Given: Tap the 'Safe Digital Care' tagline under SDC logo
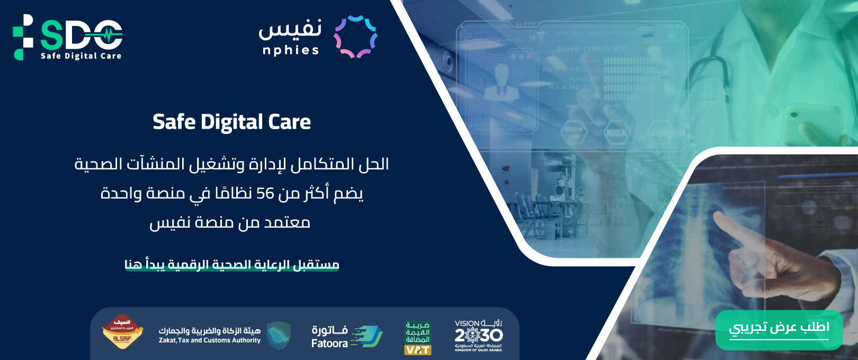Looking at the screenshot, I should [81, 56].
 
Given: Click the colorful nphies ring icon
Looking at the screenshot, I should [355, 37].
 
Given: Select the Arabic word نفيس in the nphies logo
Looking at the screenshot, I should [290, 29].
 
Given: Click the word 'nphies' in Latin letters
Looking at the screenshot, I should [291, 50].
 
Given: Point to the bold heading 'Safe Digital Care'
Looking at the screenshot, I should [231, 122].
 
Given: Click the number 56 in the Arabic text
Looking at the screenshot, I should [265, 194].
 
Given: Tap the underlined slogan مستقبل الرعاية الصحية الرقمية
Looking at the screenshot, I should [231, 264].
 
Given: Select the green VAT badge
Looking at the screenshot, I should [418, 338].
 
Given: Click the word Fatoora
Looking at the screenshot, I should [329, 344].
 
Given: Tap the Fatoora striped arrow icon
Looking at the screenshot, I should [367, 337].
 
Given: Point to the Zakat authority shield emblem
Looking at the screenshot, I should [279, 336].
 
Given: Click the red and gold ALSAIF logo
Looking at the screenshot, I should [122, 332].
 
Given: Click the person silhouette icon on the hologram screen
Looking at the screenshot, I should [500, 82].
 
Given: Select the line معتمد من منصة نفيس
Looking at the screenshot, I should [229, 222].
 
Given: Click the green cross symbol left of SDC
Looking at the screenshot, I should [23, 37].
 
